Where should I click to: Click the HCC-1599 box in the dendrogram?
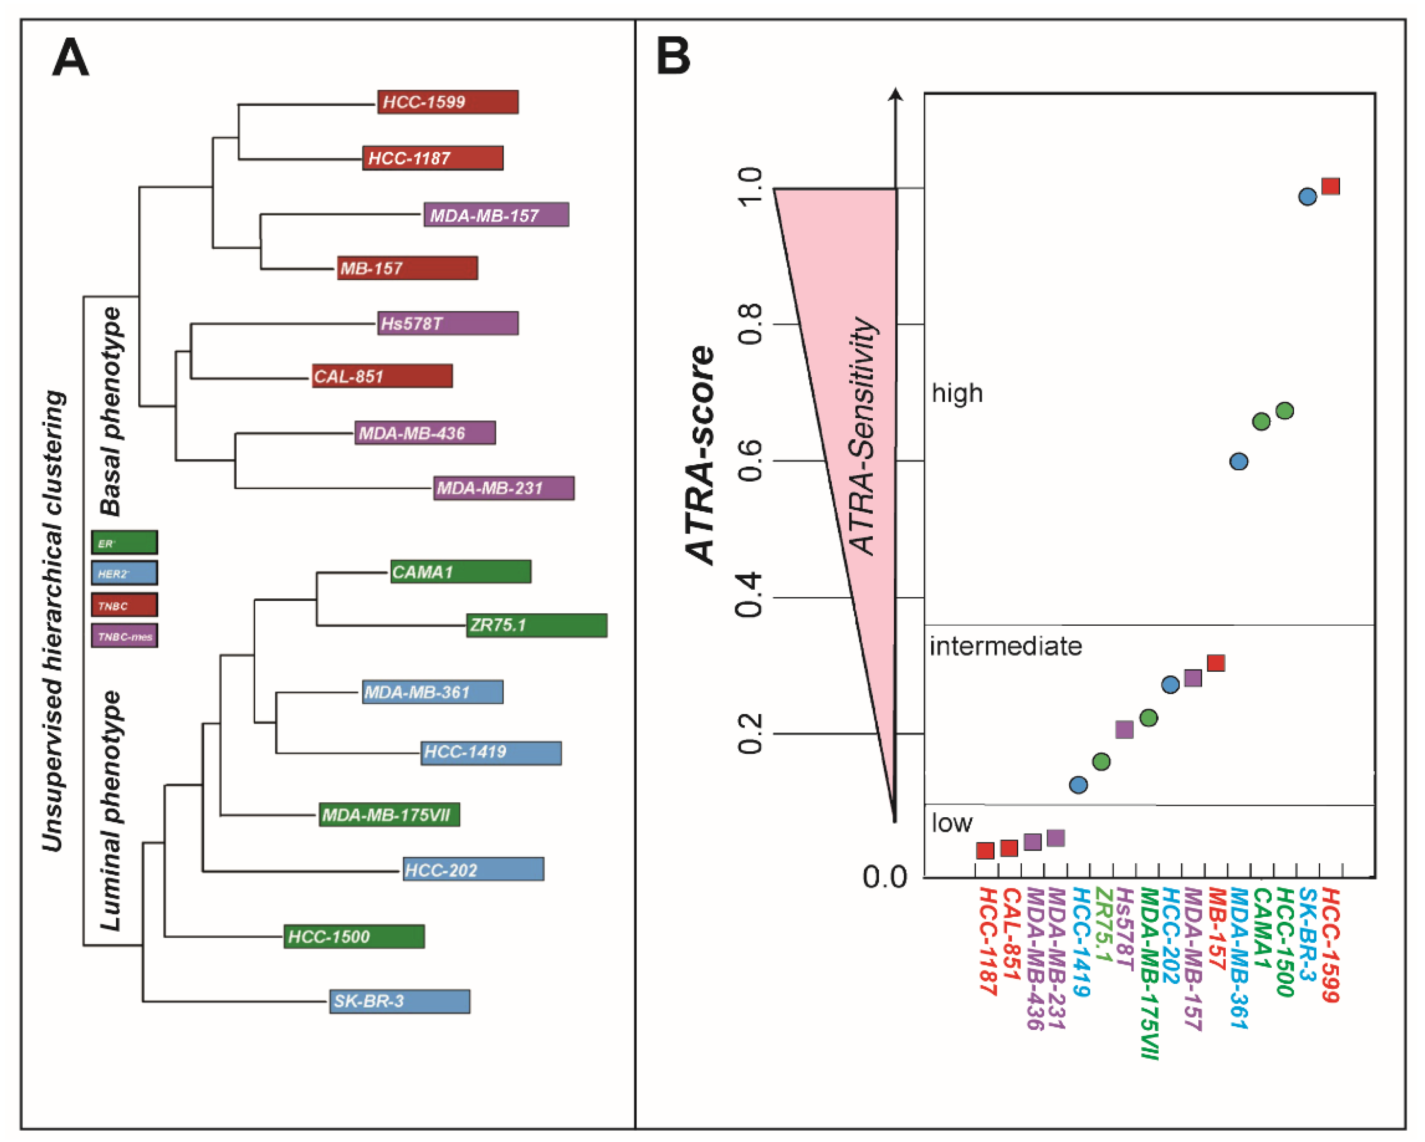[x=447, y=102]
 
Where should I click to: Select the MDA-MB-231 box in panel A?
[x=503, y=488]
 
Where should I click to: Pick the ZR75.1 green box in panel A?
[x=537, y=625]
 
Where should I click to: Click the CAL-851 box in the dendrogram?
[x=382, y=376]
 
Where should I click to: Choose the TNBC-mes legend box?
[x=124, y=636]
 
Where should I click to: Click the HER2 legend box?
[x=124, y=573]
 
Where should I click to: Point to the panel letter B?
[x=673, y=57]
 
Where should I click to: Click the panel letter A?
[x=70, y=58]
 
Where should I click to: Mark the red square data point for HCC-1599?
[x=1331, y=187]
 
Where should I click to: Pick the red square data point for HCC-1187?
[x=985, y=851]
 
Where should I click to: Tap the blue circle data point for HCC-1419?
[x=1078, y=785]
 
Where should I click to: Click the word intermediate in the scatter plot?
[x=1005, y=646]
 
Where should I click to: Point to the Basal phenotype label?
[x=111, y=411]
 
